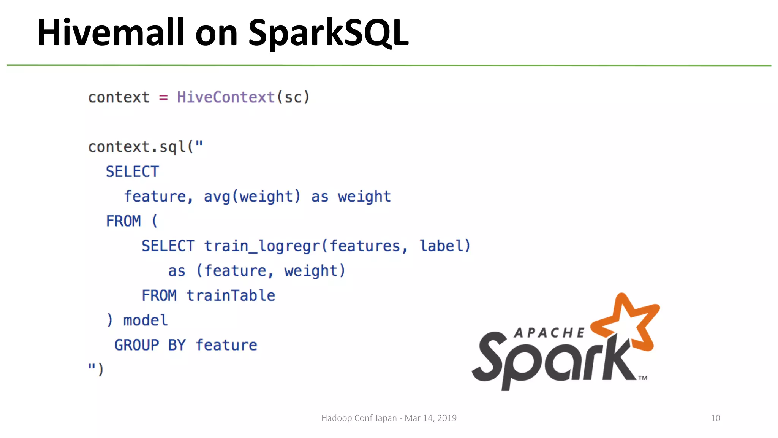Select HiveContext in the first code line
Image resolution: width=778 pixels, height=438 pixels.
(x=226, y=97)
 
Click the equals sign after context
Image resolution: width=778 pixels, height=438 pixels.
(x=163, y=98)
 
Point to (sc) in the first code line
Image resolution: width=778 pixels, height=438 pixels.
(x=293, y=97)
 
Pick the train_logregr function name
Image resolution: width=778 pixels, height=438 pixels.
(x=262, y=246)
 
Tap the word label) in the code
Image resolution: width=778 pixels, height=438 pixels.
(x=445, y=246)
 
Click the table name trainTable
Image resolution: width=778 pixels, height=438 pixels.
(x=231, y=295)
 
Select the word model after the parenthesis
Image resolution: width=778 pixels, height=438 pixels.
(x=145, y=321)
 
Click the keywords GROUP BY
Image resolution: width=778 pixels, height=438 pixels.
(x=150, y=345)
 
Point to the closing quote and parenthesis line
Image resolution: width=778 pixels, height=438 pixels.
(x=95, y=369)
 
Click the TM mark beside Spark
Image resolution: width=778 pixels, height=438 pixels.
(x=642, y=378)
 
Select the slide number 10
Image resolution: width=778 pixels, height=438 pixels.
(x=715, y=418)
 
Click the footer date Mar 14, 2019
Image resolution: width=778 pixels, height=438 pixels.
(x=430, y=418)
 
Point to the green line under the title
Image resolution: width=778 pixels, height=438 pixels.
(x=389, y=65)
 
